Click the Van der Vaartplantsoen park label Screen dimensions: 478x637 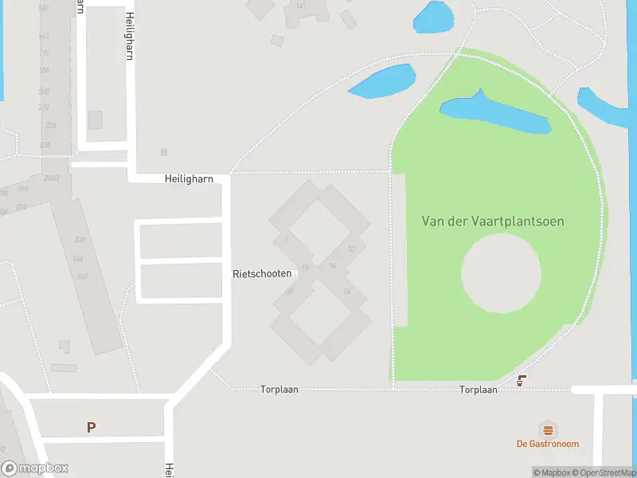click(x=492, y=221)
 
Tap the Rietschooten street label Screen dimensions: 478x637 click(x=261, y=273)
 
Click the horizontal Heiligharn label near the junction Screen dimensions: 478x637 click(x=189, y=179)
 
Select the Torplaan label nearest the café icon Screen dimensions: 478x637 click(x=478, y=390)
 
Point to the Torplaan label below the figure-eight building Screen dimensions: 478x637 click(x=279, y=390)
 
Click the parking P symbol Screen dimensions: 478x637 click(x=91, y=427)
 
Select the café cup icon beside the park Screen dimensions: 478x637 click(x=522, y=381)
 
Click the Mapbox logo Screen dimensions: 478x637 click(x=35, y=468)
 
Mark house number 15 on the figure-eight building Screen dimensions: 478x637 click(x=305, y=268)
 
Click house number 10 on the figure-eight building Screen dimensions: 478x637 click(x=350, y=249)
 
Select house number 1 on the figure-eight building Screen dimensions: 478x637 click(x=284, y=239)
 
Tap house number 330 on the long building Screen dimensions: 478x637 click(x=78, y=240)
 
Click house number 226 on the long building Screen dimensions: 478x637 click(x=51, y=125)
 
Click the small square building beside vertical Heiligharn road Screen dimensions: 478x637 click(x=95, y=119)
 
